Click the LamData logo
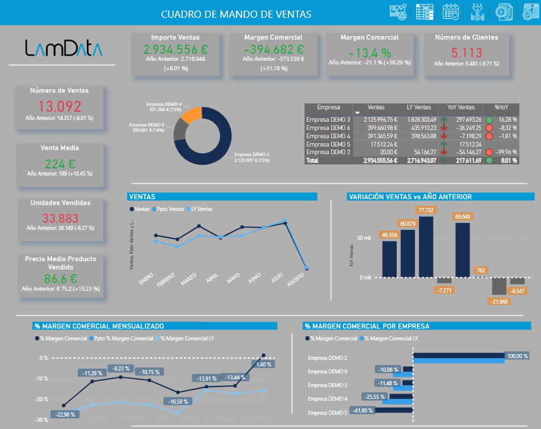63,48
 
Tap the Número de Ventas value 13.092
60,106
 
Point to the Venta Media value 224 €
60,164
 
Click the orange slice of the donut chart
192,115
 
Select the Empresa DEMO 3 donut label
251,157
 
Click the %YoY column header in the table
501,108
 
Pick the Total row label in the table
312,160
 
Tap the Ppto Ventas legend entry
169,209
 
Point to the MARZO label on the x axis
189,278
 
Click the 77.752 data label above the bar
425,210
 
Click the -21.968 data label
499,302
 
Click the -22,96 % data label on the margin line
64,414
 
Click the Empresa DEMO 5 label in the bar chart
328,412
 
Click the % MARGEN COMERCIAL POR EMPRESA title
367,326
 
